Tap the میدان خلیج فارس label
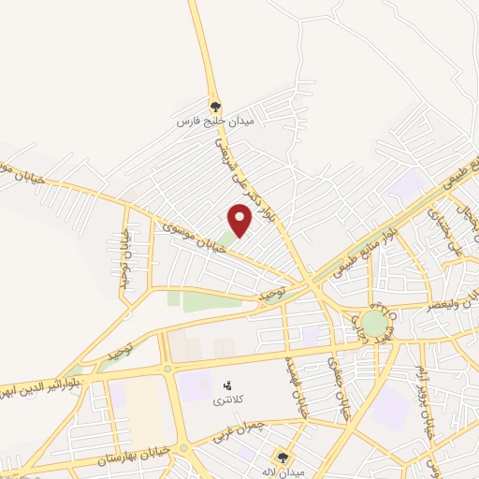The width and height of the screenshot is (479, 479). pos(215,122)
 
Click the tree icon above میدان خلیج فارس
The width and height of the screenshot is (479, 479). pos(215,106)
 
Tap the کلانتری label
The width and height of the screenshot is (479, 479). pos(225,399)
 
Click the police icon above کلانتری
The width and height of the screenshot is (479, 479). pos(225,385)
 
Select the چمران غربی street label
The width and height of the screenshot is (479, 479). pos(267,429)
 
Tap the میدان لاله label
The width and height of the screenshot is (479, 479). pos(284,472)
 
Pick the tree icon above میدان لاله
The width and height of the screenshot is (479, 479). pos(284,457)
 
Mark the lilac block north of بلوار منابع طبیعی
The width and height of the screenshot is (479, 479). pos(405,183)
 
